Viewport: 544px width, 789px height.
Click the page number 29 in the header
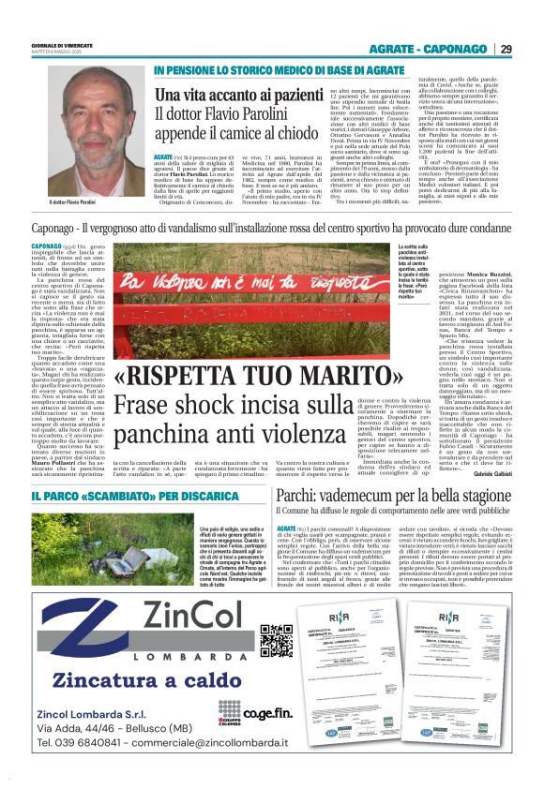[506, 48]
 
